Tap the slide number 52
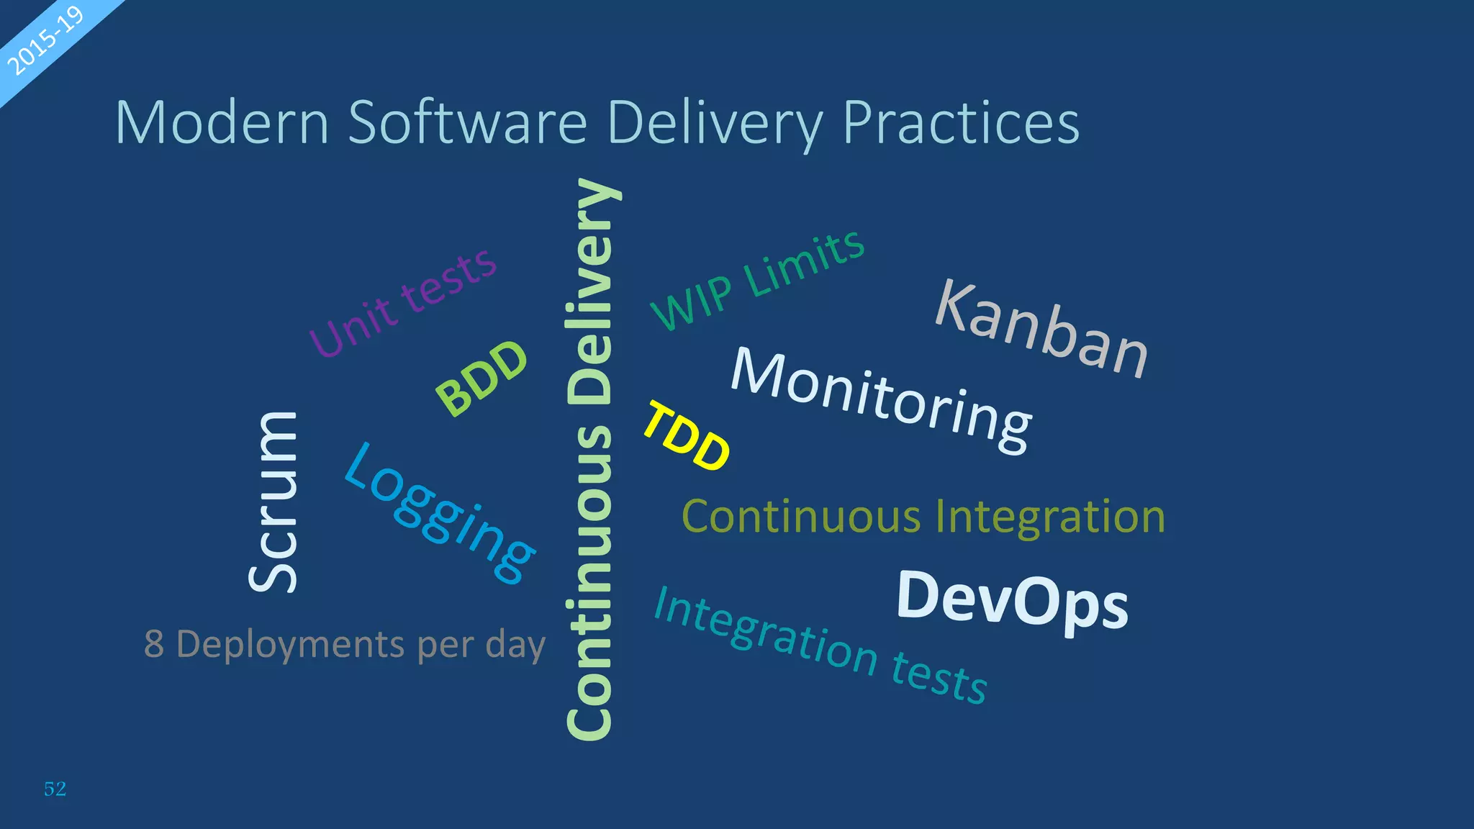coord(55,789)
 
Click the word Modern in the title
coord(222,122)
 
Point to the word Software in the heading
coord(468,122)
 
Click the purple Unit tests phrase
coord(403,302)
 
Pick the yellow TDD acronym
coord(686,437)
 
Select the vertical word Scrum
coord(273,502)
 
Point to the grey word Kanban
coord(1041,329)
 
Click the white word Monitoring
coord(882,399)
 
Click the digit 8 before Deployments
coord(154,643)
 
